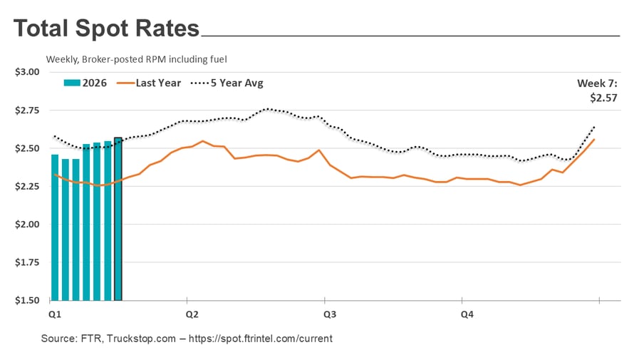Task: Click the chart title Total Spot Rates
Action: tap(106, 29)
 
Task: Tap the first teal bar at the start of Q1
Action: tap(55, 227)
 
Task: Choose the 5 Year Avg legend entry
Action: tap(227, 83)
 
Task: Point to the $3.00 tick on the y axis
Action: tap(27, 72)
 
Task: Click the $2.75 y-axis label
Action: tap(27, 110)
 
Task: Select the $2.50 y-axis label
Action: tap(27, 148)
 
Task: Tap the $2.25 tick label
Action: tap(27, 186)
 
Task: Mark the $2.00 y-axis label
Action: tap(27, 225)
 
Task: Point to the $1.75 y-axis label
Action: tap(27, 262)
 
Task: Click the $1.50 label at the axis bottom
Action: tap(27, 300)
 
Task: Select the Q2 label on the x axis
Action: tap(192, 314)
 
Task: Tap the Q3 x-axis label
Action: tap(330, 314)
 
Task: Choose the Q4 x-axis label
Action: tap(467, 314)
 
